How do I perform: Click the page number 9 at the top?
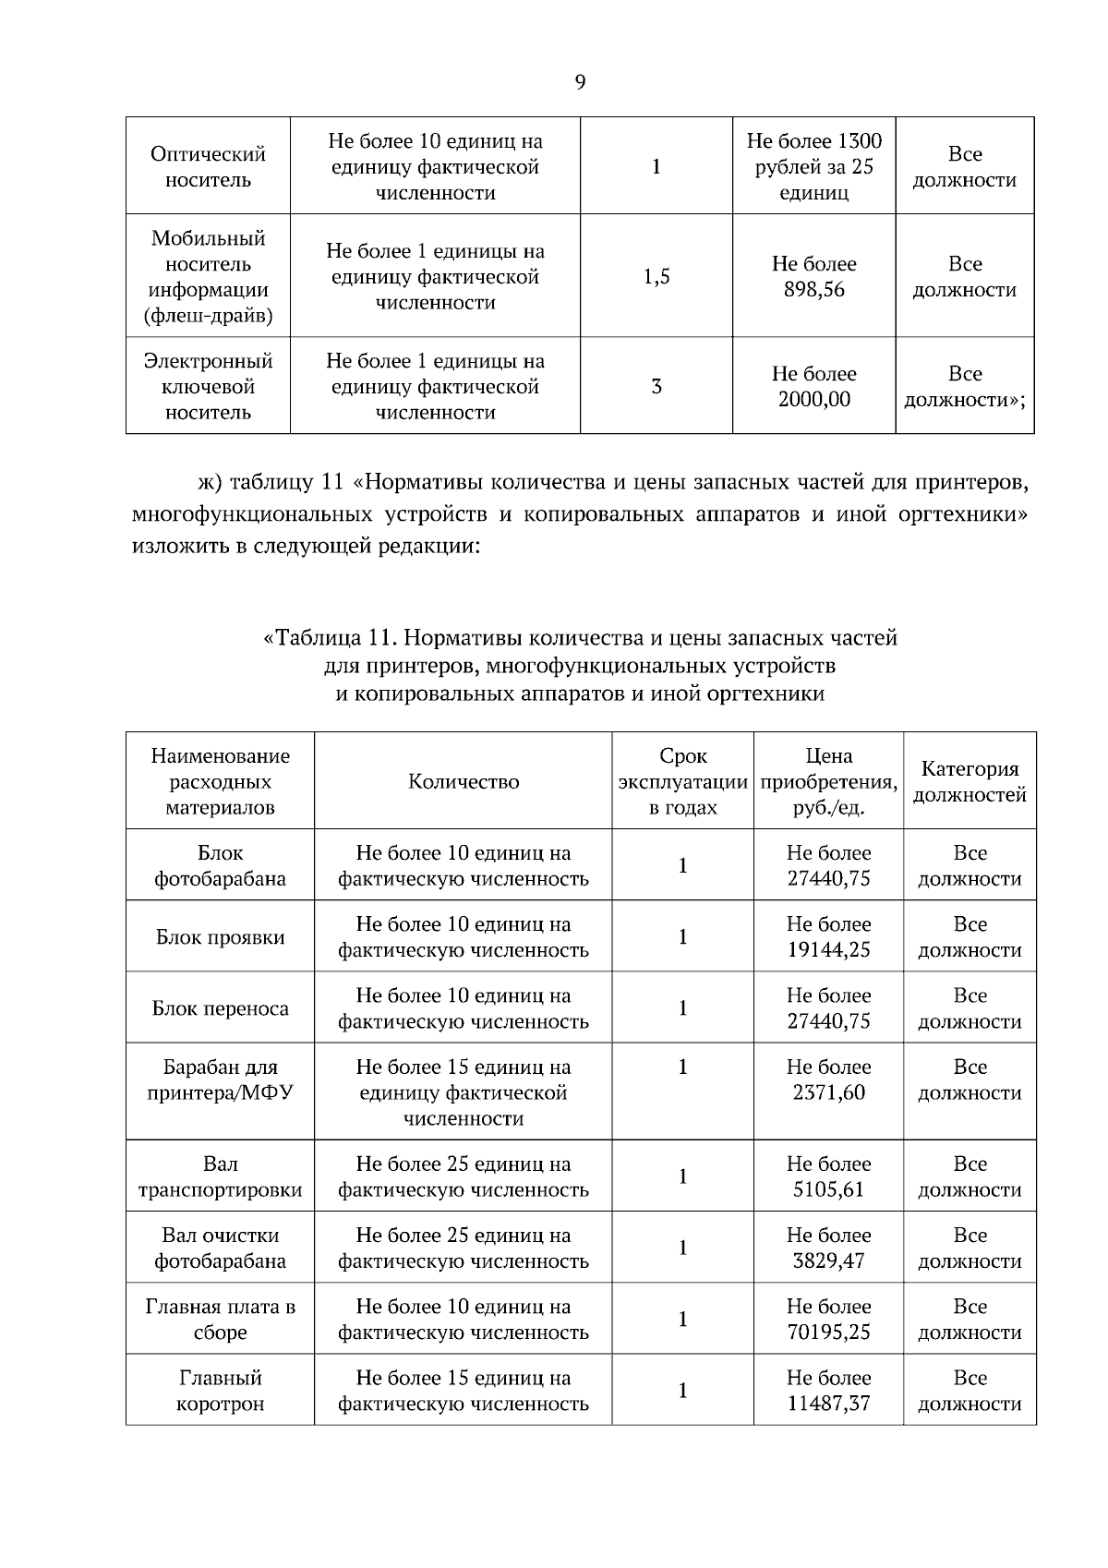580,82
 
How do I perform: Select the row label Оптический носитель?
208,167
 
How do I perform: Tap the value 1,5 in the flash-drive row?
656,276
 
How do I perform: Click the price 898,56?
813,290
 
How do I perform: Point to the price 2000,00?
813,400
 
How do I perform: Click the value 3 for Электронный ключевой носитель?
656,386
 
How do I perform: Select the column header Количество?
464,782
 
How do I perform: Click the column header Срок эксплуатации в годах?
682,782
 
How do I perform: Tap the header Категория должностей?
969,782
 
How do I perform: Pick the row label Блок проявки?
220,937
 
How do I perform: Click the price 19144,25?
828,950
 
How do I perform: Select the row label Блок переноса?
220,1008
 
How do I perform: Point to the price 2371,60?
828,1093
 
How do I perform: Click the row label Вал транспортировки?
220,1177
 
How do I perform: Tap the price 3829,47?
828,1261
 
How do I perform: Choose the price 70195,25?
828,1333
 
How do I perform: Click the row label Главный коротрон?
220,1392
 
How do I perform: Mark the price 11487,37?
828,1405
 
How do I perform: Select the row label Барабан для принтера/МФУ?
220,1080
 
